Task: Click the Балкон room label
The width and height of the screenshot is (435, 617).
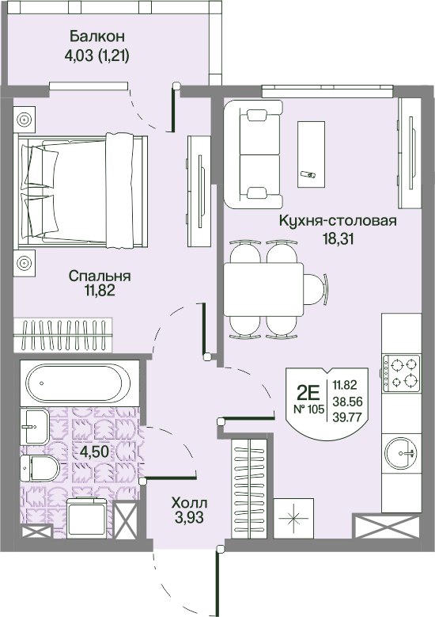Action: point(97,36)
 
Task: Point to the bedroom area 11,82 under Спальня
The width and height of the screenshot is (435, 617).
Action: point(99,291)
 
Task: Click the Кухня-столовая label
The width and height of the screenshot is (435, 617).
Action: point(337,221)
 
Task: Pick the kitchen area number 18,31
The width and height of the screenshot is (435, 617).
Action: point(337,237)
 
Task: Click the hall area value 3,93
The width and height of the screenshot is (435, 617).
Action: point(188,519)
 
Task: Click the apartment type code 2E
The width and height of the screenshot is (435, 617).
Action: point(308,390)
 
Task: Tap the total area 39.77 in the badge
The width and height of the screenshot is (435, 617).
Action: point(348,417)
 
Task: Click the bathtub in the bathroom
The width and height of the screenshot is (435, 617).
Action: point(74,384)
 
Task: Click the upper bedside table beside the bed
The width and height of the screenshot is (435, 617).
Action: point(25,120)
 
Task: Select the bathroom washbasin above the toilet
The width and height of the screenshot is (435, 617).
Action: point(33,427)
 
